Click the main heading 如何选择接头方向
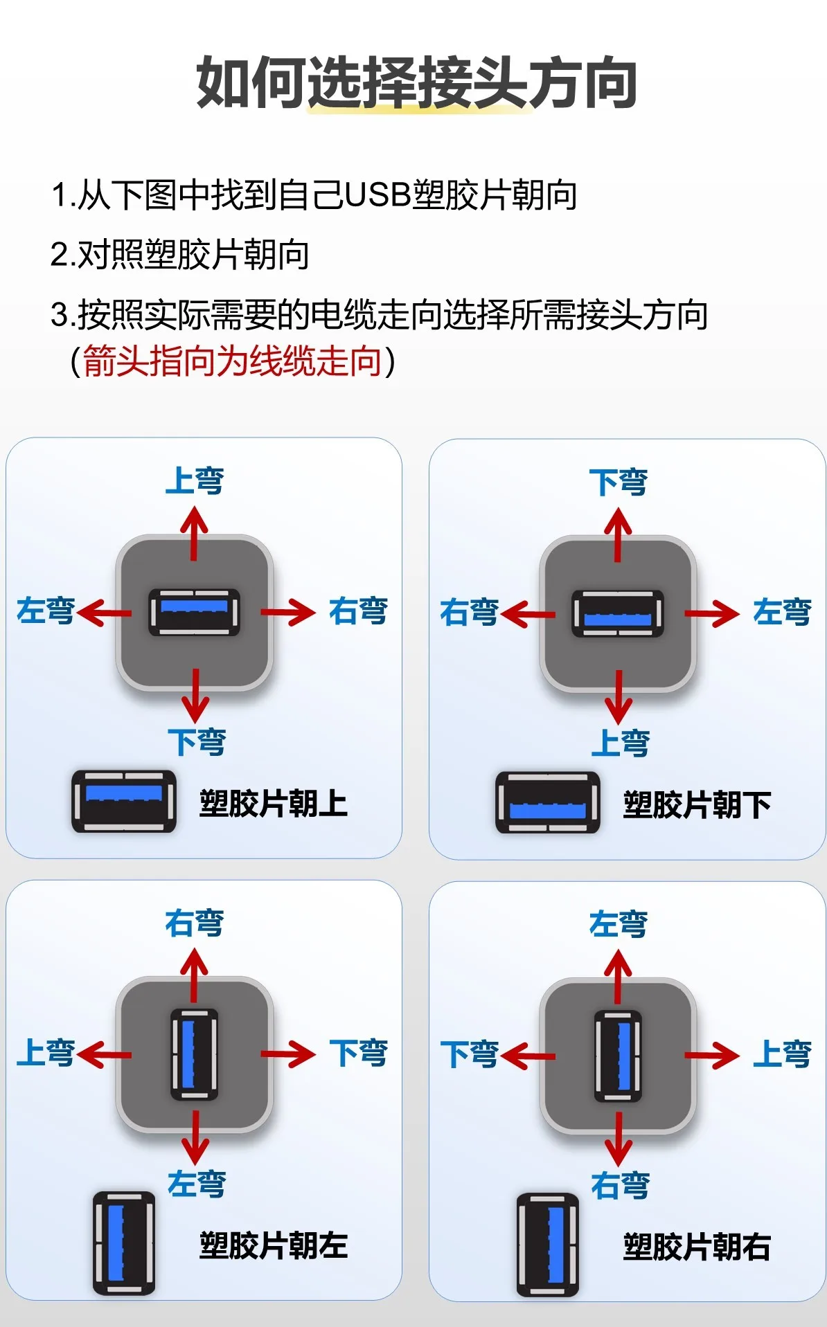416,83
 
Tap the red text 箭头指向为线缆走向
232,361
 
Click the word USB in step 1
377,195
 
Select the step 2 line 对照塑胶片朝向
180,255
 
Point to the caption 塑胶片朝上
274,803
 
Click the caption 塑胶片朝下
697,804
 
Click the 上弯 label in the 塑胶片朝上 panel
195,480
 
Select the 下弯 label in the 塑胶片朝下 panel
619,482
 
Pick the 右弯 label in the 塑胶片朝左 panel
195,923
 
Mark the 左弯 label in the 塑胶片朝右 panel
619,924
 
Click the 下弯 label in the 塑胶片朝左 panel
358,1053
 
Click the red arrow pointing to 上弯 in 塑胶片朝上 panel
195,532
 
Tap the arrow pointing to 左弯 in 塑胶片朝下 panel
711,613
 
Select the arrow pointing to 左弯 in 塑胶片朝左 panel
195,1138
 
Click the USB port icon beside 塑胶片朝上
124,801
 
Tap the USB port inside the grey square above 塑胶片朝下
618,613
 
